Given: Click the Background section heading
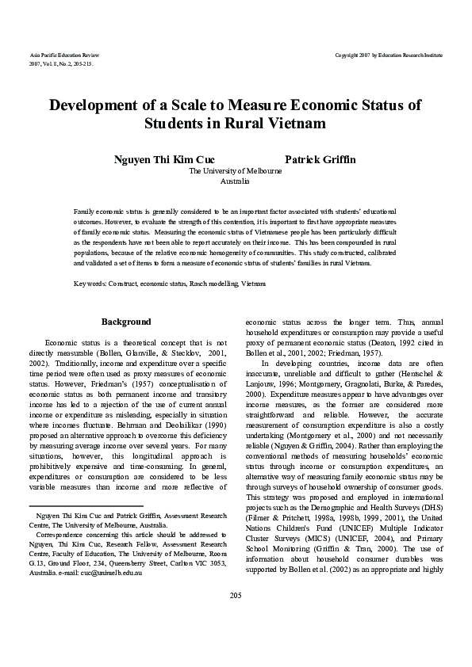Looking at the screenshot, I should coord(127,322).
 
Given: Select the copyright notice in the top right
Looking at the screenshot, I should coord(389,55).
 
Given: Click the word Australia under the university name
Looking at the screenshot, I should coord(236,181).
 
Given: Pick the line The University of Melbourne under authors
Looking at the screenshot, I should coord(236,171).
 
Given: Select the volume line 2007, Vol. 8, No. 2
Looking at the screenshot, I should coord(59,63).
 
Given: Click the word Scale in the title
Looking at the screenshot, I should coord(182,106).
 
